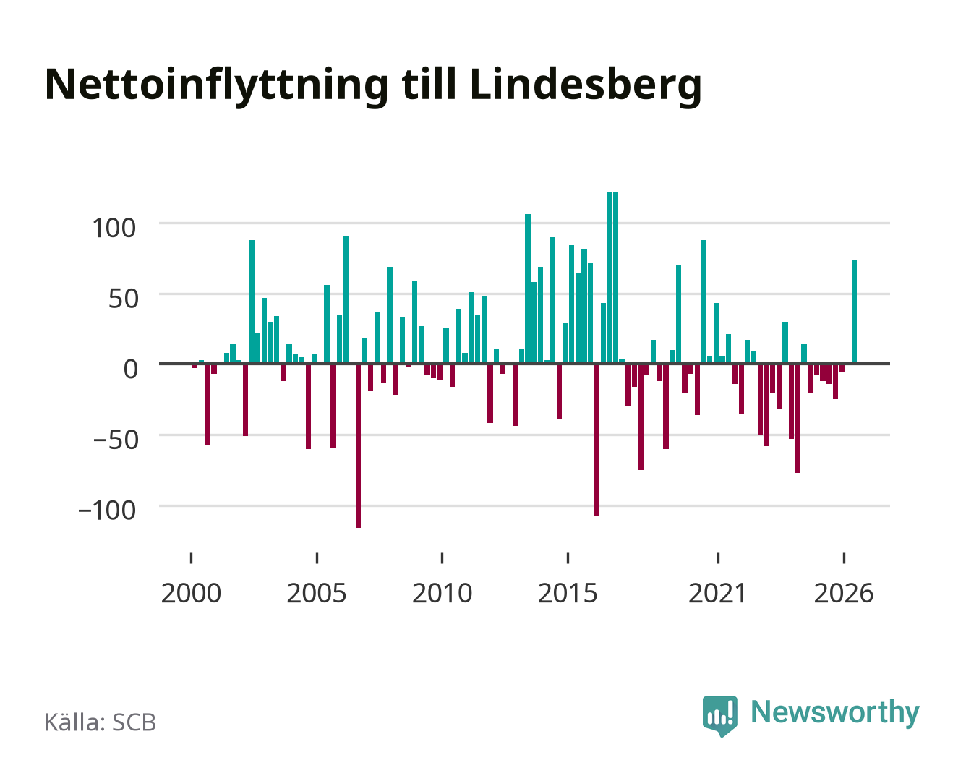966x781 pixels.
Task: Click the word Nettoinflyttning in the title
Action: pos(216,86)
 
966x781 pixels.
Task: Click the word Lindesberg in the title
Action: pos(586,86)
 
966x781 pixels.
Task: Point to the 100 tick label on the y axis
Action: pos(114,228)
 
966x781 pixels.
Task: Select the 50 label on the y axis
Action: pos(124,299)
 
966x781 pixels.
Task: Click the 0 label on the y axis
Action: pos(131,369)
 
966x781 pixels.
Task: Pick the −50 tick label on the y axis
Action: pos(116,440)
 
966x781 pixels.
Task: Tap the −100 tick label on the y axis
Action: pos(107,511)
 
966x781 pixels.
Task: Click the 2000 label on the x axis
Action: pos(191,593)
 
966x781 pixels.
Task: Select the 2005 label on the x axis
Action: pos(317,593)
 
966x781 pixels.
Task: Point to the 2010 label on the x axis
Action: pos(443,593)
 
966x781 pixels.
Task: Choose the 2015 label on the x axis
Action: pos(568,593)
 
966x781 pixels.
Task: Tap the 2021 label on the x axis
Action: pos(717,593)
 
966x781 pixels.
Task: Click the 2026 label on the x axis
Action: pos(844,593)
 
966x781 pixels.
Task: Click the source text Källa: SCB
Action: pos(101,722)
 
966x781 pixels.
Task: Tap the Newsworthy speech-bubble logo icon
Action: pos(719,716)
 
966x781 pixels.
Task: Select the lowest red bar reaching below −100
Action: pos(359,446)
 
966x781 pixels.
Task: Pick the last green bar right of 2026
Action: pos(854,312)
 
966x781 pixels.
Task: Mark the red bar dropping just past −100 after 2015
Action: pos(597,440)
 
